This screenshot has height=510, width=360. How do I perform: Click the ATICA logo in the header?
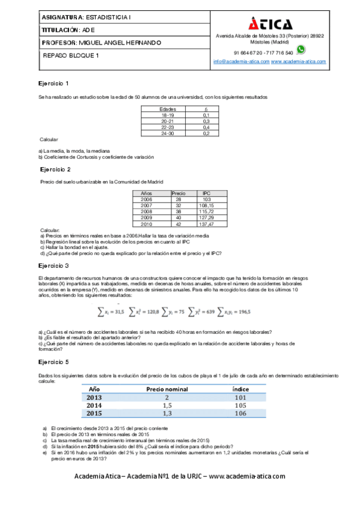pyautogui.click(x=270, y=23)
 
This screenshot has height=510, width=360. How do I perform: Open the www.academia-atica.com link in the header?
pyautogui.click(x=298, y=61)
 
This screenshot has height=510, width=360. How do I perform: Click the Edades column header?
pyautogui.click(x=159, y=109)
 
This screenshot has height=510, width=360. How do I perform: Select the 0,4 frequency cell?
pyautogui.click(x=206, y=127)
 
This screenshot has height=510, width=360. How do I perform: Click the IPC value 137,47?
pyautogui.click(x=206, y=224)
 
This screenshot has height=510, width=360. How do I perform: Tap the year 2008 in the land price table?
pyautogui.click(x=146, y=212)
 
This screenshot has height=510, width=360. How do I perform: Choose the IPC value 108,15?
pyautogui.click(x=206, y=206)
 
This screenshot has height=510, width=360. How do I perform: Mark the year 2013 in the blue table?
pyautogui.click(x=94, y=397)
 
